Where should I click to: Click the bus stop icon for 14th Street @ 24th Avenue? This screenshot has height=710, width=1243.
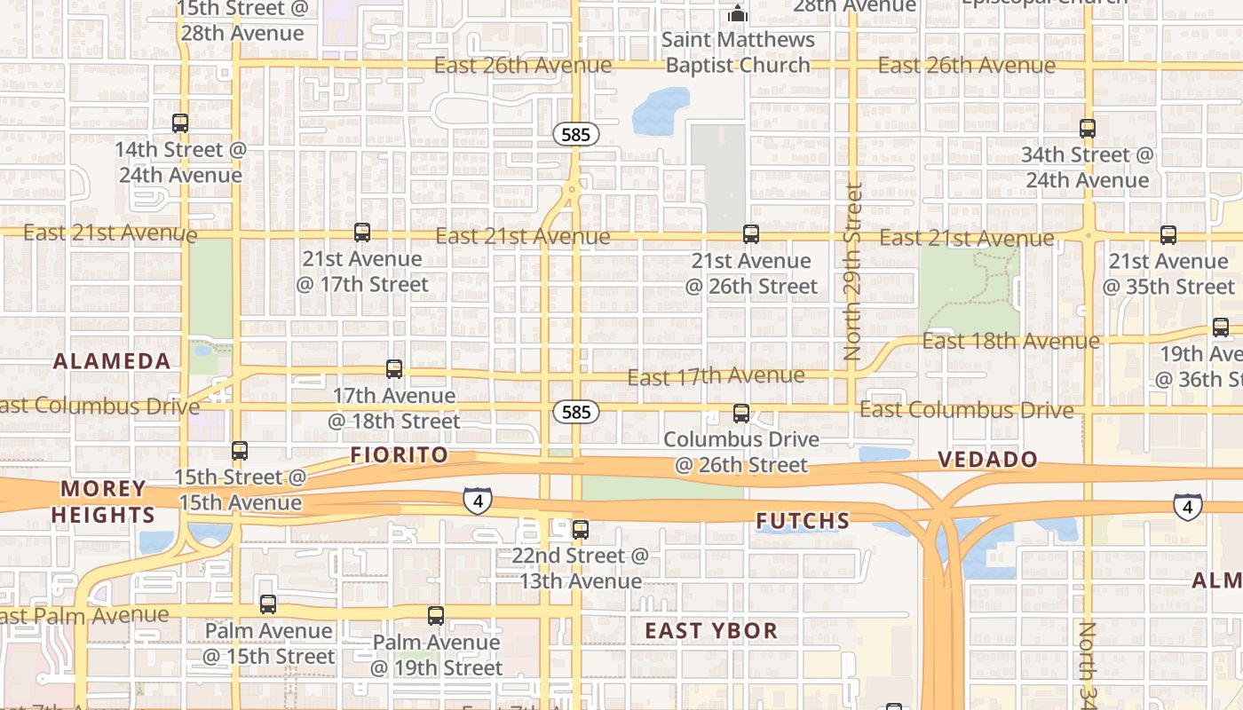coord(180,123)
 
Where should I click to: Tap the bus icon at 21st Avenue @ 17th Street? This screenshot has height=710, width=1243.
coord(362,233)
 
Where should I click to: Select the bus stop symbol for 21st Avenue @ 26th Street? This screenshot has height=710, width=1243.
coord(751,234)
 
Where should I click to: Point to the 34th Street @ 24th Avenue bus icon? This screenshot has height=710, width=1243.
coord(1088,129)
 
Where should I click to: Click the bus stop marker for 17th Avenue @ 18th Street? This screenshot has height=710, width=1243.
coord(394,369)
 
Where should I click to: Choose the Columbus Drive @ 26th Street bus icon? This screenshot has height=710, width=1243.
coord(741,414)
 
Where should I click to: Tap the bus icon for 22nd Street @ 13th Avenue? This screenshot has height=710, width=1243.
coord(581,530)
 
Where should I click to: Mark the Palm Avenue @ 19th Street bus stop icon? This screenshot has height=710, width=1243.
coord(436,616)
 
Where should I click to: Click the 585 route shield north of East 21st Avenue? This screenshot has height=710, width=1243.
coord(576,135)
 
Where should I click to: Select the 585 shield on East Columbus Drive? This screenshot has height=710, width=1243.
coord(576,412)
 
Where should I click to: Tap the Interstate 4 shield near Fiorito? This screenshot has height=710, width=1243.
coord(478,501)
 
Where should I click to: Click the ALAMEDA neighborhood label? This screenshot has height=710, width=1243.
coord(112,361)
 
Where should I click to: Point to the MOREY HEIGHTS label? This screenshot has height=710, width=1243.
coord(103,501)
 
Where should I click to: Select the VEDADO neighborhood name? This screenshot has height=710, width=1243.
coord(988,459)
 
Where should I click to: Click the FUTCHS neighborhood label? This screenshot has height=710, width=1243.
coord(803,521)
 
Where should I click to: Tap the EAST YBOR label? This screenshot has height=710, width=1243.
coord(711,631)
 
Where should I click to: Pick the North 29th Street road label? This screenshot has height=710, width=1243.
coord(854,271)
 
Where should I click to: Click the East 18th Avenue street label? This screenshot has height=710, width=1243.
coord(1010,341)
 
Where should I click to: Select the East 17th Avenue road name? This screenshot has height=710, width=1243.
coord(716,376)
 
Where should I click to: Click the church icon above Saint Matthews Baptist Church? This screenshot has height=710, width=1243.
coord(737,13)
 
